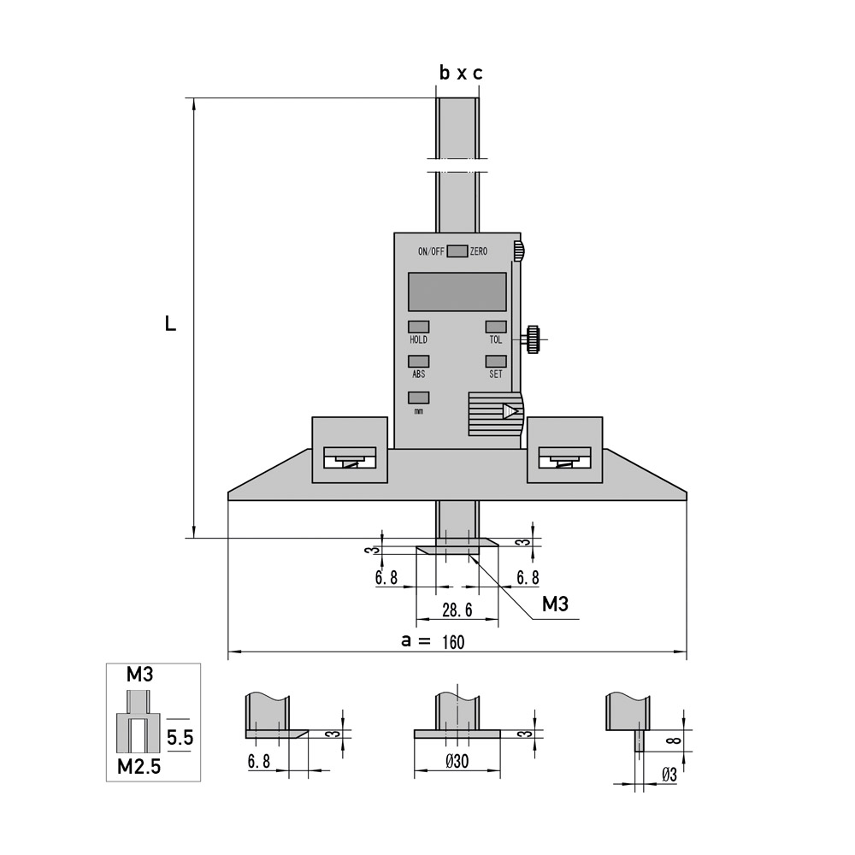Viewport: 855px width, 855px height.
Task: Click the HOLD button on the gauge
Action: click(419, 327)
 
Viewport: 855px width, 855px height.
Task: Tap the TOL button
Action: click(496, 327)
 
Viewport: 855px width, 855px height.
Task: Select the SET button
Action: click(496, 361)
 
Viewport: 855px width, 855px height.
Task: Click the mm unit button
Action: click(419, 398)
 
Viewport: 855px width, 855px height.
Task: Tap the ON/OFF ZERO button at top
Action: click(457, 251)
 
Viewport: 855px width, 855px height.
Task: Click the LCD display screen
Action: click(457, 292)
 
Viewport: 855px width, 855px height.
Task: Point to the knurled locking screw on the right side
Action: click(533, 339)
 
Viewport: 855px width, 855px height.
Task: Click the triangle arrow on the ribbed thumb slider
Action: click(510, 411)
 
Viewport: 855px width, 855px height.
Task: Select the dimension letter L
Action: click(171, 324)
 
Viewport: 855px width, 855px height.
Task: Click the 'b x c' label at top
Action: click(461, 73)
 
